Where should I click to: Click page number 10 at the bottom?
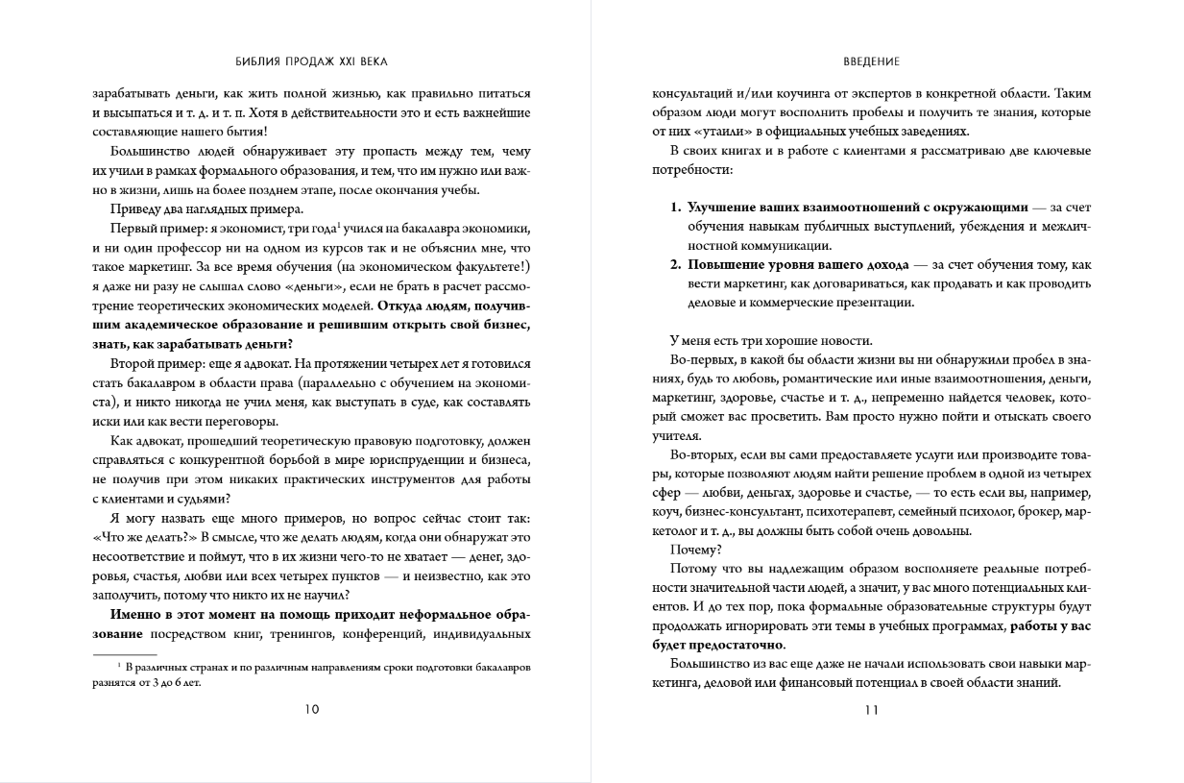[311, 711]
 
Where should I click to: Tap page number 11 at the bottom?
[872, 711]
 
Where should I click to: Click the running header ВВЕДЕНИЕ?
[872, 61]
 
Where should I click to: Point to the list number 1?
[675, 207]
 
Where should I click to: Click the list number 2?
[675, 264]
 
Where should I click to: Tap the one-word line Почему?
[695, 550]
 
